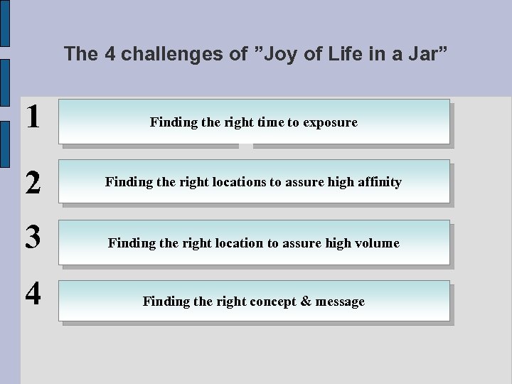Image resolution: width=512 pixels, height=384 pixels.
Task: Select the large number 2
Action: tap(32, 183)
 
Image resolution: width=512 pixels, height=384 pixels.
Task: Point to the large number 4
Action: tap(32, 294)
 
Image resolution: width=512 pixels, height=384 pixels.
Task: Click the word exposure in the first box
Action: tap(330, 123)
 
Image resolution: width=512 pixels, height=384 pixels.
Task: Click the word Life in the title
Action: tap(343, 53)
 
